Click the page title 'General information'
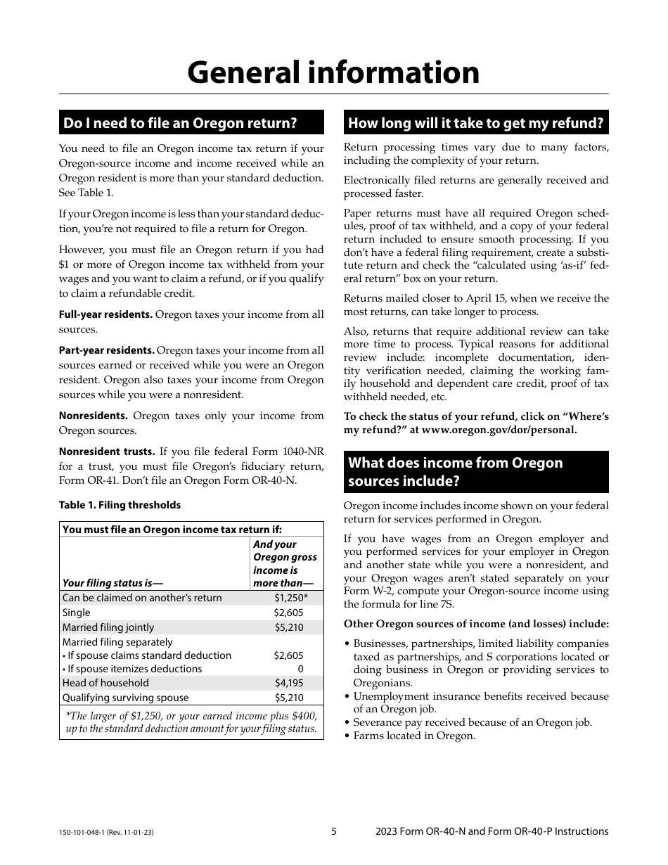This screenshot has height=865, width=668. (x=333, y=72)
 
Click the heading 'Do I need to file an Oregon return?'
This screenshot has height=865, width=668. (x=180, y=123)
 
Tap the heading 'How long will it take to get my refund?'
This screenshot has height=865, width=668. (x=476, y=123)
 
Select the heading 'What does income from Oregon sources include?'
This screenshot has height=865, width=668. (x=456, y=472)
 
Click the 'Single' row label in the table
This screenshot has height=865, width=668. (x=77, y=613)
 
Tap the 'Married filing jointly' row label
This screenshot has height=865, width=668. (x=108, y=627)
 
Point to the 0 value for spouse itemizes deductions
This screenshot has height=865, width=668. (x=300, y=669)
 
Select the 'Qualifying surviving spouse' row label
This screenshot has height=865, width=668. (x=126, y=698)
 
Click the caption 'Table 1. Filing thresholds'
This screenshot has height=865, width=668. (x=120, y=505)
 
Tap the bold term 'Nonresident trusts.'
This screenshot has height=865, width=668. (x=107, y=451)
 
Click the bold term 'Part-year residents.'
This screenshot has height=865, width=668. (x=107, y=350)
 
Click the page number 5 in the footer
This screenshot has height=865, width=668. (x=334, y=831)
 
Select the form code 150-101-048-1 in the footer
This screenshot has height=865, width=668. (x=84, y=832)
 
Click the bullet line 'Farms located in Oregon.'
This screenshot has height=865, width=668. (x=414, y=736)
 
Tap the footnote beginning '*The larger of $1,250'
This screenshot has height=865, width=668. (x=191, y=722)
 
